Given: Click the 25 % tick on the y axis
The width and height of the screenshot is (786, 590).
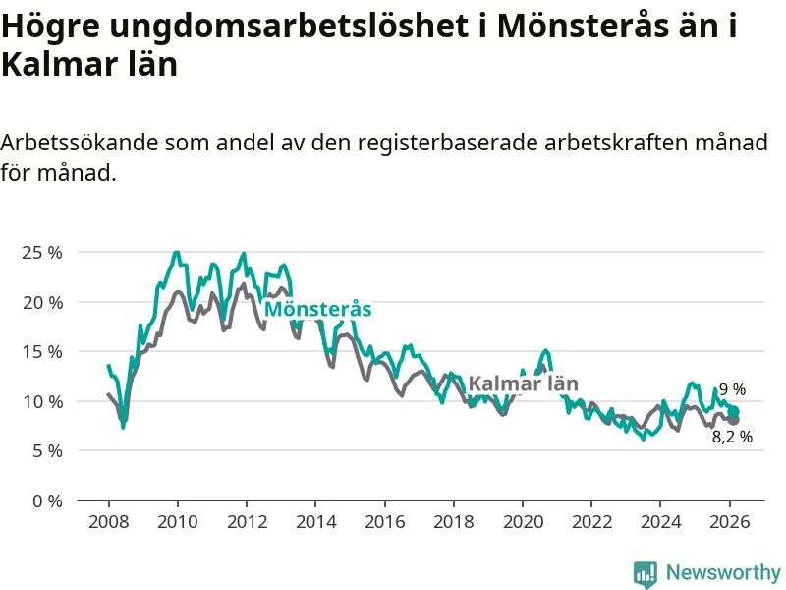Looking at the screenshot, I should [x=41, y=252].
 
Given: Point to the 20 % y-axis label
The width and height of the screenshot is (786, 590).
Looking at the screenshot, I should [x=41, y=302].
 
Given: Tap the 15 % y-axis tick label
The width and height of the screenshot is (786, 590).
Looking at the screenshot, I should [x=41, y=351].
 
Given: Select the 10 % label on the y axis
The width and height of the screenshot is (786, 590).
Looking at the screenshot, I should [x=41, y=401].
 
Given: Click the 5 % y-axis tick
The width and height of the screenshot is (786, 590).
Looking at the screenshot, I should [x=45, y=450].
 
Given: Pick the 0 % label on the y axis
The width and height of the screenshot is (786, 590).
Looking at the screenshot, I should [x=45, y=501].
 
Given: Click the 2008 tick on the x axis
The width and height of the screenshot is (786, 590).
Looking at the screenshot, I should [x=108, y=521].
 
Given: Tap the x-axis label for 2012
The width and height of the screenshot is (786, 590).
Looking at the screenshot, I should [x=247, y=521].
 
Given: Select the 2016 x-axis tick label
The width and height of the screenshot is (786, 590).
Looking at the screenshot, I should [x=384, y=521].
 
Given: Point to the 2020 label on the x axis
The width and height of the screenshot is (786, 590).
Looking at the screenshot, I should [x=523, y=521].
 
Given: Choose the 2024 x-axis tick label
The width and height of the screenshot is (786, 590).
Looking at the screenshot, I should [x=661, y=521].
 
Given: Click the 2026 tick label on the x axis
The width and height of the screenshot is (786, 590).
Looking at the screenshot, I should [x=730, y=521].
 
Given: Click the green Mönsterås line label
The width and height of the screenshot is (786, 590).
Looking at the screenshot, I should [x=318, y=309].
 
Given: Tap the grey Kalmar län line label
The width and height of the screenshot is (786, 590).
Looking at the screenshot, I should [x=523, y=383].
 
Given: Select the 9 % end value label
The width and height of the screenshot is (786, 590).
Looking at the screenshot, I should [x=732, y=390].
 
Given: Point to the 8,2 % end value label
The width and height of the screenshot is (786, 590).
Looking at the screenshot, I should [x=732, y=437].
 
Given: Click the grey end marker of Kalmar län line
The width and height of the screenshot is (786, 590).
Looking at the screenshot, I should [x=733, y=420].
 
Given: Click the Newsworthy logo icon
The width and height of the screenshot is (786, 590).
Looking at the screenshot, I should [x=646, y=573].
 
